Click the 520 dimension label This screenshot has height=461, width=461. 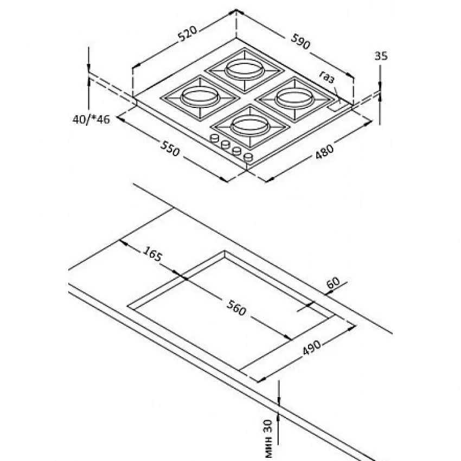[188, 34]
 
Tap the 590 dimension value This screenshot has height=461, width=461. [301, 41]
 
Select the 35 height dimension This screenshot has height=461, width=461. [381, 55]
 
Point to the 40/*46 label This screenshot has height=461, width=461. [91, 119]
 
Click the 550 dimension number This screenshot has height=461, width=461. [170, 148]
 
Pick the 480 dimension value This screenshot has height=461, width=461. [324, 151]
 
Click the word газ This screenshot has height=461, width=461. [327, 77]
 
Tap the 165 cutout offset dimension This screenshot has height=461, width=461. [152, 253]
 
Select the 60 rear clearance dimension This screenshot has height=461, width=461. [333, 283]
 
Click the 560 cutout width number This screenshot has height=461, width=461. [236, 308]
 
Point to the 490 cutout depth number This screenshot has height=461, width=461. [312, 348]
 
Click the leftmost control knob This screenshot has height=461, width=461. [215, 138]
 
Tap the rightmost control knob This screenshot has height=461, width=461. [248, 157]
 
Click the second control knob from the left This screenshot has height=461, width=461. [226, 144]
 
